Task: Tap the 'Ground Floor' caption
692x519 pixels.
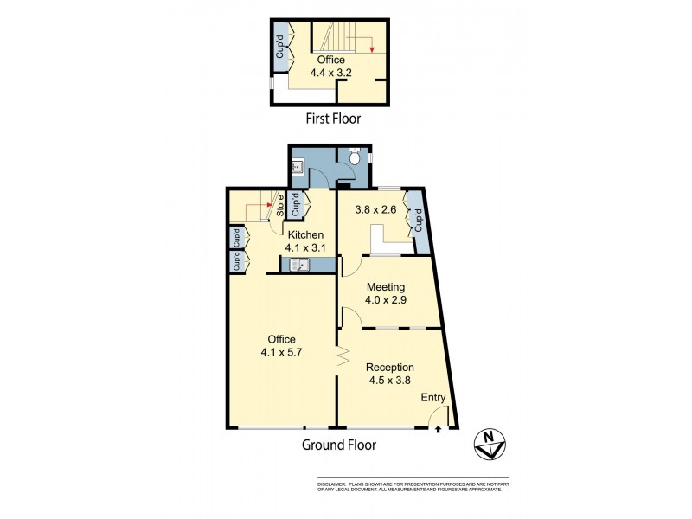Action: click(338, 445)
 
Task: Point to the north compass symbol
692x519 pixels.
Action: click(490, 445)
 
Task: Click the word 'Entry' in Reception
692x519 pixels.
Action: click(432, 398)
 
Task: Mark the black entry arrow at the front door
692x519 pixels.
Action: click(439, 428)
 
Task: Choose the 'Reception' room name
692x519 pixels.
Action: click(390, 367)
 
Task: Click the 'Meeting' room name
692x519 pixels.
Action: click(386, 286)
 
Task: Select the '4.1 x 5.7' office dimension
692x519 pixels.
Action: click(282, 352)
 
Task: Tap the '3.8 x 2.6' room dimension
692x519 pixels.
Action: click(376, 208)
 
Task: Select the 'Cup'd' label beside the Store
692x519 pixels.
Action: click(296, 206)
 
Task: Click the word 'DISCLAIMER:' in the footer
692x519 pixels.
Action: click(331, 483)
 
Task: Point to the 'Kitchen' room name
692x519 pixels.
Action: click(305, 234)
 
